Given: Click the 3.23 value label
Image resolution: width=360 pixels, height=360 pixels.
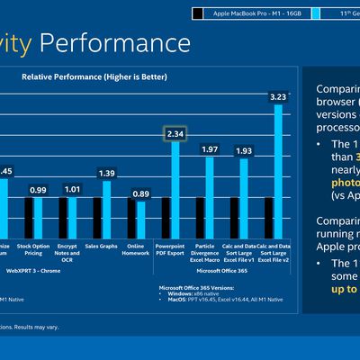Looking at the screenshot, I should point(278,96).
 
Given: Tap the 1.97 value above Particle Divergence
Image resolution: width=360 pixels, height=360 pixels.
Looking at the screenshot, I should point(209,148).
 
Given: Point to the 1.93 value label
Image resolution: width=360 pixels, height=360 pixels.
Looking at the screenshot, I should point(243,150).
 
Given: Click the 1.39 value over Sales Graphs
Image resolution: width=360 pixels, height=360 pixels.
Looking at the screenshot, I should point(106,173).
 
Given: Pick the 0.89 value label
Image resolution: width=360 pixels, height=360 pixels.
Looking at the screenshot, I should point(140,193).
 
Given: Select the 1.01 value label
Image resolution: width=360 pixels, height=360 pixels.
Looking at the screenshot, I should point(72,190).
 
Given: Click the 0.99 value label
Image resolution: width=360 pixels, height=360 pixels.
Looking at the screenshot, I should point(38,190).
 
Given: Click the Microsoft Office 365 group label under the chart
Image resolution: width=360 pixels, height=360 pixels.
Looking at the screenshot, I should point(223,270).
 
